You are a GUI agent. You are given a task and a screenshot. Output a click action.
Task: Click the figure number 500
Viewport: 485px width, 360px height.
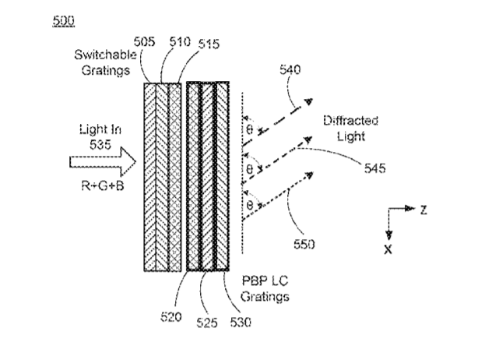coord(64,21)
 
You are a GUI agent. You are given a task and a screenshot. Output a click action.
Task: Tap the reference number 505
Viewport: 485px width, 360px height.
coord(144,41)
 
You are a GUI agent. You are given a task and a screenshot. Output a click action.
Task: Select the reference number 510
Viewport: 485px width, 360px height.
coord(180,41)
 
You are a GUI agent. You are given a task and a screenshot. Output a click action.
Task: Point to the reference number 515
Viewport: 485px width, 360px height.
coord(209,44)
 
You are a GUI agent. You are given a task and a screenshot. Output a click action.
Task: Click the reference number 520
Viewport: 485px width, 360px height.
coord(171,317)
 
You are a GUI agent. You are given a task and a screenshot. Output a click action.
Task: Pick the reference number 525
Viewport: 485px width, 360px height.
coord(207,323)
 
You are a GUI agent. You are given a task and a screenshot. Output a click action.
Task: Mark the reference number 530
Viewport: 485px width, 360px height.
coord(241,323)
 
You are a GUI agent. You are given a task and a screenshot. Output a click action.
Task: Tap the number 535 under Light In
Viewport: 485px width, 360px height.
coord(100,145)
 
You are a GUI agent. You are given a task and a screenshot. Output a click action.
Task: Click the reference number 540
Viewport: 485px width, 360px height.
coord(290,69)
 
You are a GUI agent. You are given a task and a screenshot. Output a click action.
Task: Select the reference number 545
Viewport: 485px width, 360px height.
coord(375,168)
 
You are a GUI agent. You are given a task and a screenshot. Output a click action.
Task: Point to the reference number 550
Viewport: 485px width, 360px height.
coord(304,244)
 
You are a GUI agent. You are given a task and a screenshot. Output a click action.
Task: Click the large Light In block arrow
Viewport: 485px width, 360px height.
coord(103,162)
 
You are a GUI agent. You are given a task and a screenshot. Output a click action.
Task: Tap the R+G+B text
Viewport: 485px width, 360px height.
coord(103,185)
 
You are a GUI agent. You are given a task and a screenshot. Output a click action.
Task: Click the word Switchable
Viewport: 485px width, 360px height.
coord(105,55)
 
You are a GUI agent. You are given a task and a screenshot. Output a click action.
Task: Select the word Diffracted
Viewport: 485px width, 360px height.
coord(351,121)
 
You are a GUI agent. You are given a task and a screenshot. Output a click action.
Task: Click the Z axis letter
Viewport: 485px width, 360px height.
coord(423,210)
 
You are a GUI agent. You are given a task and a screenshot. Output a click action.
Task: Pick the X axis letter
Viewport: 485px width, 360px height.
coord(388,249)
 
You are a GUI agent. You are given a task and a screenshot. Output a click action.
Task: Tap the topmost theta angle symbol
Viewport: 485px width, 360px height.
coord(249,129)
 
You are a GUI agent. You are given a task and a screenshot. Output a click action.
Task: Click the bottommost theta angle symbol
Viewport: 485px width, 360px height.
coord(249,205)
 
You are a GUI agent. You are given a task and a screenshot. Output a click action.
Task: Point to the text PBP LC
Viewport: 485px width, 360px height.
coord(265,281)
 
